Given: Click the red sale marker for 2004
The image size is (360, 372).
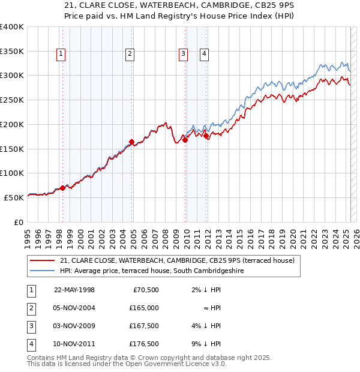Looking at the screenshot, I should [x=131, y=142].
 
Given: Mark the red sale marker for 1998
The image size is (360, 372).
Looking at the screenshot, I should [x=62, y=188].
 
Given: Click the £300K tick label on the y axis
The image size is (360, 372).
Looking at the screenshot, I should [x=12, y=76].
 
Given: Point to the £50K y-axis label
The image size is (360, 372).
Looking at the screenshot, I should [x=14, y=197].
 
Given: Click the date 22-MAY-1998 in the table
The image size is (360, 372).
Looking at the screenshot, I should [x=74, y=290].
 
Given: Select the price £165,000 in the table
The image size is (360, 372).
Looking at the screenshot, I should [x=145, y=308].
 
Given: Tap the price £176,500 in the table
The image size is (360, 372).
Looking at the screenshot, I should [x=145, y=344].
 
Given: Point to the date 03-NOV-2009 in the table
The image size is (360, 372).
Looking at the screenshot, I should [x=74, y=326].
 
